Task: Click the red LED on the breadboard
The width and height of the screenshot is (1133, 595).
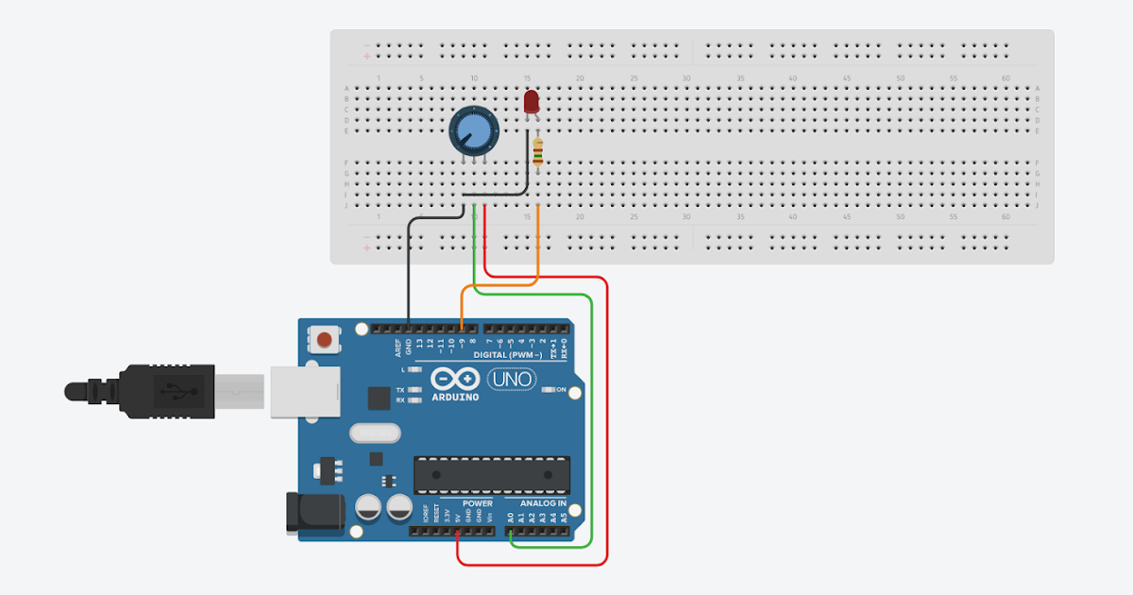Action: click(x=531, y=101)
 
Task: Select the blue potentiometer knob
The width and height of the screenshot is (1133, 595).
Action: click(x=472, y=130)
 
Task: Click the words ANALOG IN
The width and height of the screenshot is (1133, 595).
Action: click(x=542, y=503)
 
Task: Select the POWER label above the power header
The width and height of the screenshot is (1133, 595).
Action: click(x=477, y=503)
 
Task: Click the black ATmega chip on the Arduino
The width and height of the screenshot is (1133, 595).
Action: click(x=492, y=475)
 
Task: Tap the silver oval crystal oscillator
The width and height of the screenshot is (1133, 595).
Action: click(x=373, y=433)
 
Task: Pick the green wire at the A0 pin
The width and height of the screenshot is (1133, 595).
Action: click(x=511, y=539)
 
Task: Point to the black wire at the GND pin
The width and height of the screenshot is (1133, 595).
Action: click(x=409, y=283)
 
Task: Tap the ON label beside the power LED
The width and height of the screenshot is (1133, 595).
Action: click(x=561, y=390)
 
